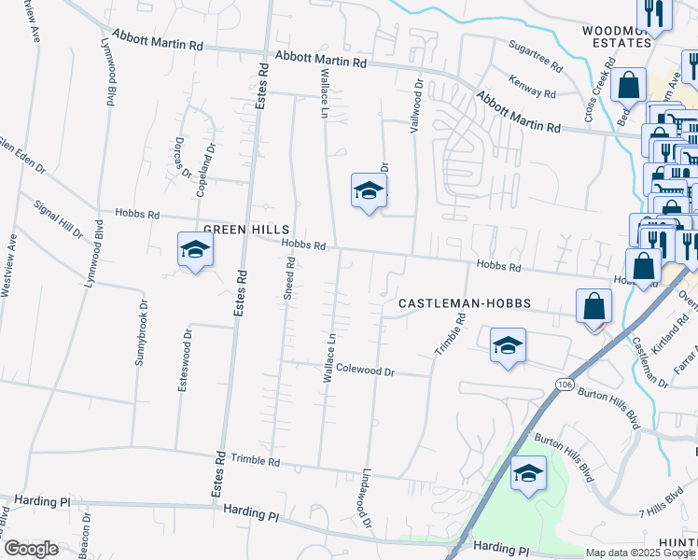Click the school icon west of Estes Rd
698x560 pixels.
(195, 250)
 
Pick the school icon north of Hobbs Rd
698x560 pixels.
(369, 191)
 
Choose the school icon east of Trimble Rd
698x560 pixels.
(507, 346)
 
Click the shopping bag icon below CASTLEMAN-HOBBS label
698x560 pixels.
(593, 306)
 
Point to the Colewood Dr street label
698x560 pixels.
(366, 371)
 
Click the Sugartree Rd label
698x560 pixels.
(536, 56)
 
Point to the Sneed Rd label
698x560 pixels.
(290, 278)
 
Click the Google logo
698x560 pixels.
(31, 549)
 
